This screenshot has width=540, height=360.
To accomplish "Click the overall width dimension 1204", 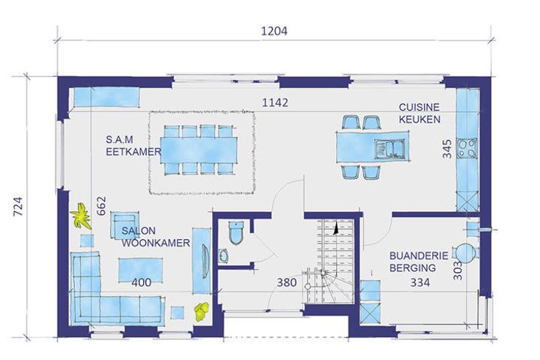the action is pos(274,31).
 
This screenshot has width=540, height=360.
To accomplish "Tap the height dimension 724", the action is pos(18,206).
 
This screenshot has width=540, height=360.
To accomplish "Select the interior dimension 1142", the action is pos(275,103).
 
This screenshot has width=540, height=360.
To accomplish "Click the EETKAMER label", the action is pos(134,152).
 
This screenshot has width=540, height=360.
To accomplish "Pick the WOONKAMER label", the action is pos(156,243).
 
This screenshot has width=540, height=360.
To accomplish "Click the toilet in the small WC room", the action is pos(236,232).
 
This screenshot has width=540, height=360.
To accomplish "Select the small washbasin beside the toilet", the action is pos(223,256).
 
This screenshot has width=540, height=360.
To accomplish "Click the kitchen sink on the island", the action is pos(389,149).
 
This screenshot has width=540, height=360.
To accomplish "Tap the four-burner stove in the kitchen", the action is pos(467,148).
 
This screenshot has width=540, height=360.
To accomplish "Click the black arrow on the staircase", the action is pos(335,228).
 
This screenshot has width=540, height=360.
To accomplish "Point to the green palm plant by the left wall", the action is pos(81,216).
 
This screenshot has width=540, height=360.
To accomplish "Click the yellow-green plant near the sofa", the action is pos(202,311).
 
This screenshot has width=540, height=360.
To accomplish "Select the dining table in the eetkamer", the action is pos(199,150).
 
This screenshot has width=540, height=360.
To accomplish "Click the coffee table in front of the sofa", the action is pos(141,270).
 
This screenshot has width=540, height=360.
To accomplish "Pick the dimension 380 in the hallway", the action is pos(287,282).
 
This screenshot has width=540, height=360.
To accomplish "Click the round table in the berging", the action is pos(465,253).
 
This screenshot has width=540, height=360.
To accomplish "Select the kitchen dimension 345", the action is pos(447,149).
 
